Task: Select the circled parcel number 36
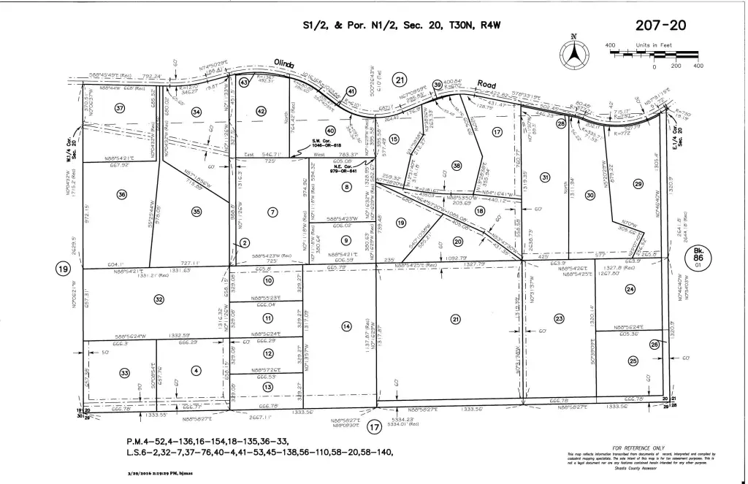pyautogui.click(x=122, y=194)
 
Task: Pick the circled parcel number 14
pyautogui.click(x=346, y=326)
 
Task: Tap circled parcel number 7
pyautogui.click(x=272, y=212)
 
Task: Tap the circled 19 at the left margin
pyautogui.click(x=61, y=268)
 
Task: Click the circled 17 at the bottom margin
pyautogui.click(x=375, y=427)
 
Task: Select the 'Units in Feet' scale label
pyautogui.click(x=654, y=45)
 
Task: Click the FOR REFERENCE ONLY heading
pyautogui.click(x=638, y=447)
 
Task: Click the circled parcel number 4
pyautogui.click(x=195, y=371)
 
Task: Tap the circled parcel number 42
pyautogui.click(x=261, y=111)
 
